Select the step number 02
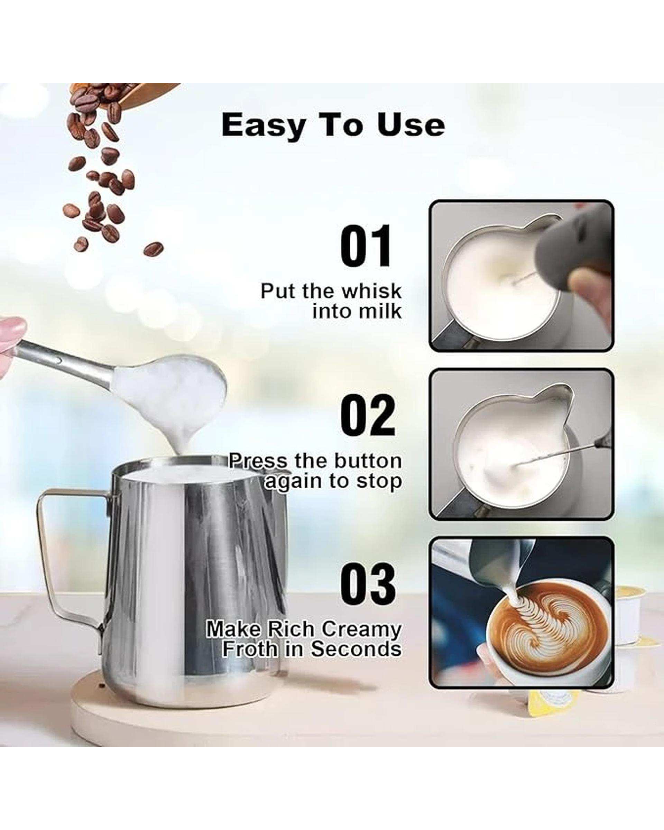(368, 416)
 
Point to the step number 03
(368, 584)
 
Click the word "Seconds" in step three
(356, 649)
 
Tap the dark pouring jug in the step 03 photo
(500, 566)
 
